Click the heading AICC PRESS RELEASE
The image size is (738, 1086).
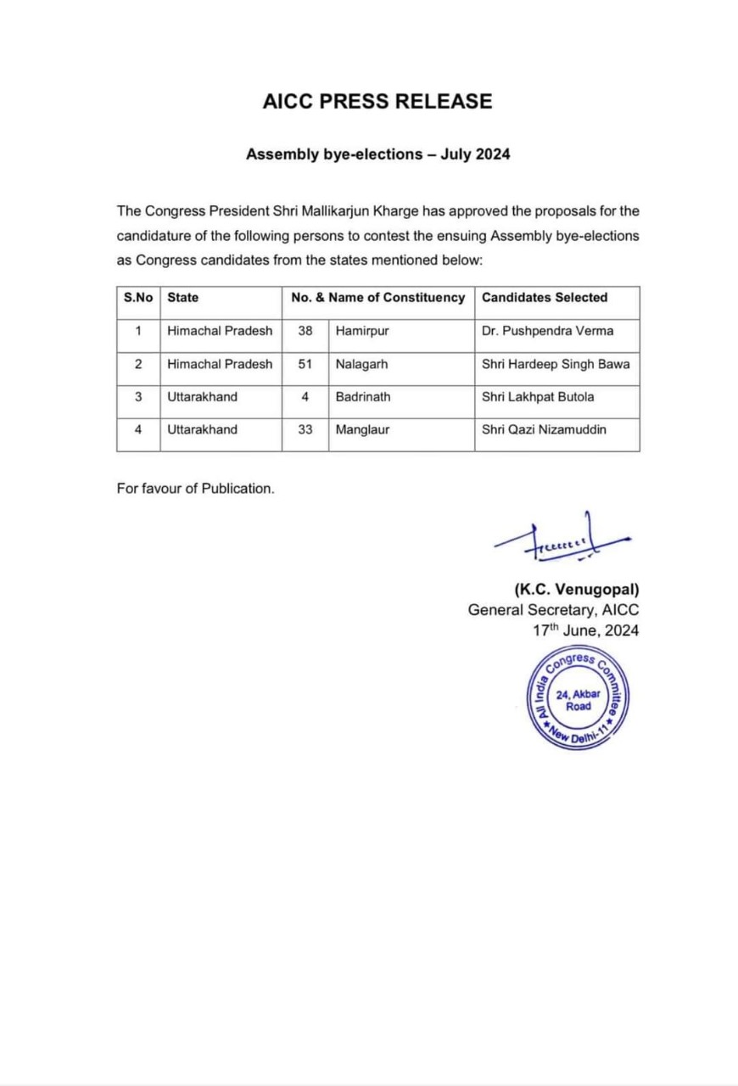tap(377, 102)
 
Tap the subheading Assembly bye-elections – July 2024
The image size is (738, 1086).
tap(377, 154)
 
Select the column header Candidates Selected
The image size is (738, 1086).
tap(545, 298)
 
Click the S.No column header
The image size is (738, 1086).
tap(138, 298)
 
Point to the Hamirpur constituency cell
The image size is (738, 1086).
tap(362, 331)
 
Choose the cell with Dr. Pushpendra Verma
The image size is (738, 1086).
tap(547, 331)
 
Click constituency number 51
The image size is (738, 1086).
tap(305, 364)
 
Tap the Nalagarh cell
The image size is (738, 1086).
tap(361, 364)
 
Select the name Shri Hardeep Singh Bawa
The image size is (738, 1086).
tap(556, 364)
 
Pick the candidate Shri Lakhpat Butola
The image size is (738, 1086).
tap(538, 396)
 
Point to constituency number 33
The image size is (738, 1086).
tap(305, 429)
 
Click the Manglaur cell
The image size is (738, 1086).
tap(362, 429)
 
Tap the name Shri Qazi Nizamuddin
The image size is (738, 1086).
tap(544, 429)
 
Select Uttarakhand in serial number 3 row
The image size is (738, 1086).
tap(202, 396)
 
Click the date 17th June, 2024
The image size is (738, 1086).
tap(585, 630)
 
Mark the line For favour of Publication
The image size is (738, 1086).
tap(196, 490)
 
